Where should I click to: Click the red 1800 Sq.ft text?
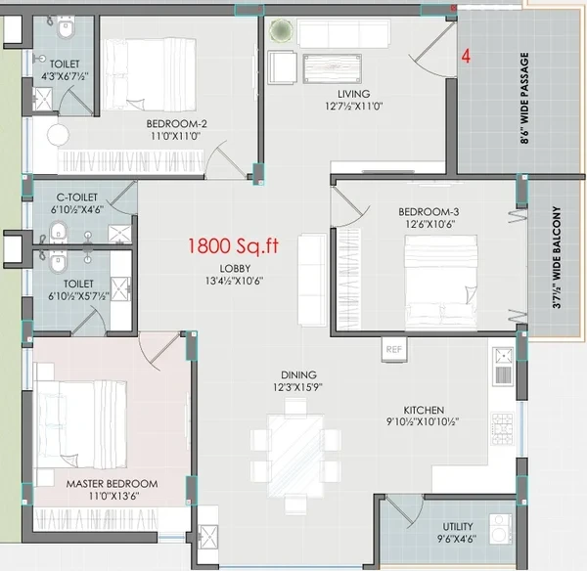click(x=233, y=246)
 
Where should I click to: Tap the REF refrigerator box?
click(x=394, y=349)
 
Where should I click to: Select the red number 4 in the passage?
click(x=466, y=56)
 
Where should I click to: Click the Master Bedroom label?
click(x=112, y=483)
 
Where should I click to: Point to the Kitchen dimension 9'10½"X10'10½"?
click(x=423, y=421)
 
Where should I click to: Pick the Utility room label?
click(x=458, y=526)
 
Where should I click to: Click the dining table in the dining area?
click(x=295, y=456)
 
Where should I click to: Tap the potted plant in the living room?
click(x=281, y=30)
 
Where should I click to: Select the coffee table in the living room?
click(x=332, y=68)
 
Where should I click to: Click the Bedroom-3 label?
click(x=429, y=212)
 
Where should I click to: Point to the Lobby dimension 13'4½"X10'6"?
click(x=235, y=281)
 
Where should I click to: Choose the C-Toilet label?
click(x=76, y=198)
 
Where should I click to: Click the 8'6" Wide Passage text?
click(x=524, y=98)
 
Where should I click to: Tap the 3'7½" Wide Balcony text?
click(x=557, y=257)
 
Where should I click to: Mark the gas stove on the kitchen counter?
click(x=503, y=428)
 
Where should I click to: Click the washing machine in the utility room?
click(x=501, y=529)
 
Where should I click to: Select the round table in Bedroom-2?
click(x=58, y=135)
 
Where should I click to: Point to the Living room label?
click(x=354, y=94)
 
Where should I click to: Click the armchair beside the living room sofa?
click(x=282, y=67)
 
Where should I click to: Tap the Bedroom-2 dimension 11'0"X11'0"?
click(x=175, y=136)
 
